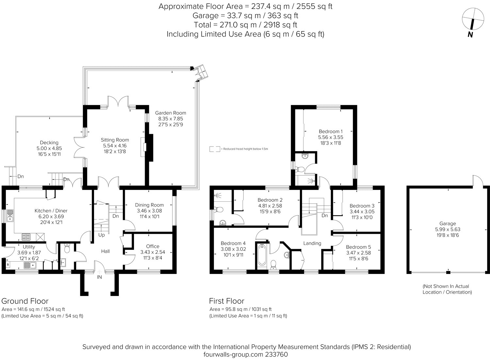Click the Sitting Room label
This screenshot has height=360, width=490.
click(x=115, y=140)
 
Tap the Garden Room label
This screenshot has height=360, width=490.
click(x=171, y=113)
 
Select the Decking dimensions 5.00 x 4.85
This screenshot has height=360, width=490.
click(x=49, y=148)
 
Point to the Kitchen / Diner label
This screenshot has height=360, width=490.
click(x=51, y=211)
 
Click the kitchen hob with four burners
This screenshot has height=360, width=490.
click(x=26, y=237)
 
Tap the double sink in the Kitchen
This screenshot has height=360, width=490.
click(x=10, y=216)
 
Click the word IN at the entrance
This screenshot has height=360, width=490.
click(x=99, y=277)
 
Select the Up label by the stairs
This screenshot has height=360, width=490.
click(x=102, y=235)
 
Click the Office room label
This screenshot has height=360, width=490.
click(x=153, y=246)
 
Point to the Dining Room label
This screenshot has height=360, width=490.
click(x=149, y=205)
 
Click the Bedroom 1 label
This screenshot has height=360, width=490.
click(x=331, y=131)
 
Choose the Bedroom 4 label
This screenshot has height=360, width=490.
click(x=233, y=243)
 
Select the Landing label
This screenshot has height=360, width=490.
click(x=312, y=243)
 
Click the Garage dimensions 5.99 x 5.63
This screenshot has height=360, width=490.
click(x=448, y=229)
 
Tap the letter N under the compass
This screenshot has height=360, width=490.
click(x=470, y=35)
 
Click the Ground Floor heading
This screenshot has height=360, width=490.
click(x=25, y=301)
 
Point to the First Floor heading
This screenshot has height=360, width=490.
click(x=227, y=301)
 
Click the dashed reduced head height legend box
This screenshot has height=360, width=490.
click(x=215, y=149)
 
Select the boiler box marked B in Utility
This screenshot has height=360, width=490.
click(x=8, y=265)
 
